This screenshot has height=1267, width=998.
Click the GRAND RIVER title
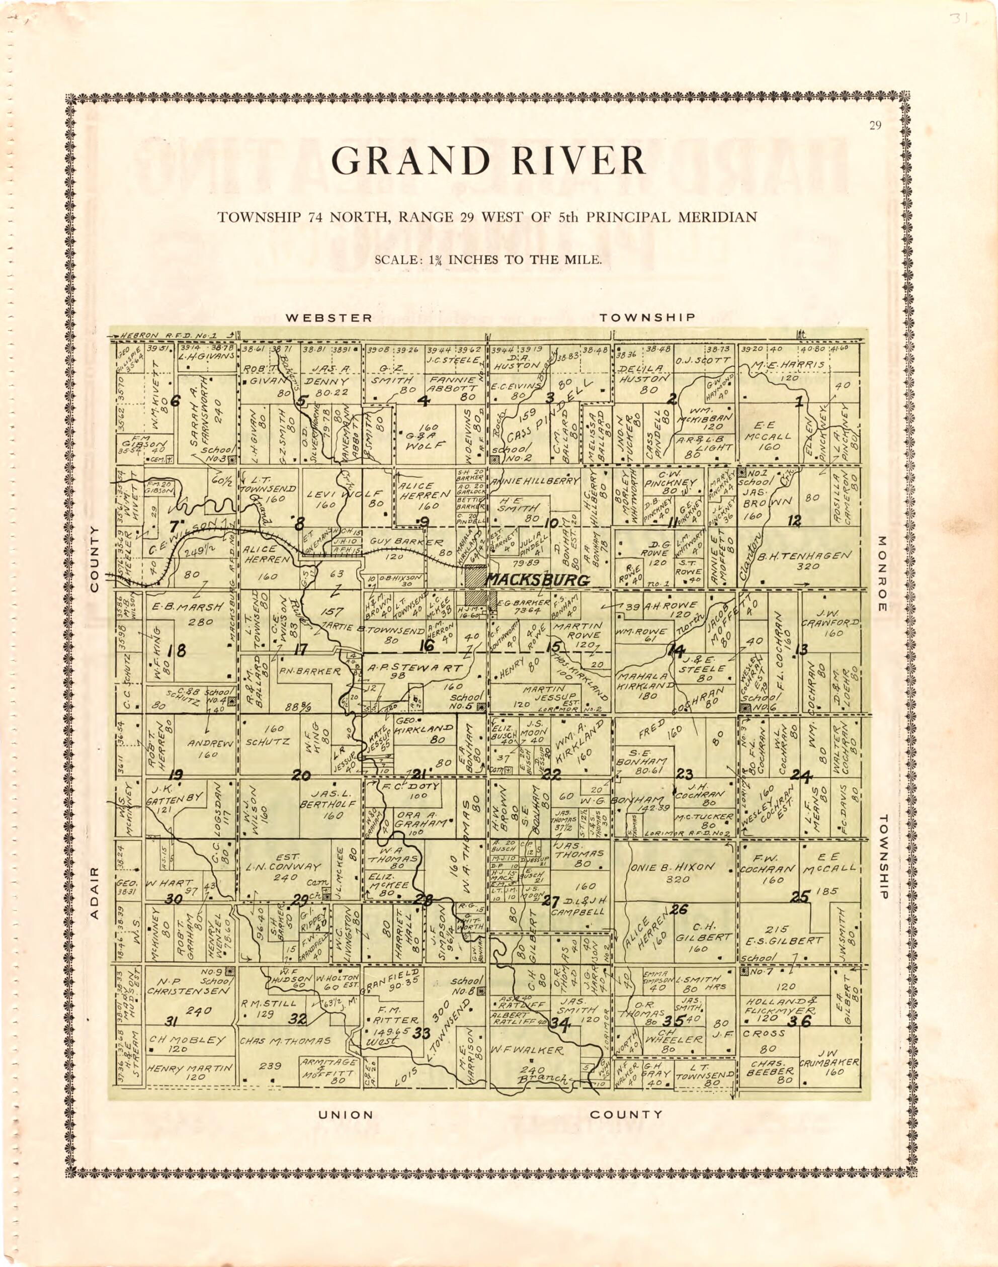488,160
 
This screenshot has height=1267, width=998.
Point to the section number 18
177,649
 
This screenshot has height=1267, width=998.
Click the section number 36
799,1021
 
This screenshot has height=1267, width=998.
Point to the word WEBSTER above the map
328,318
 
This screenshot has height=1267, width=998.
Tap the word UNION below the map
345,1115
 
